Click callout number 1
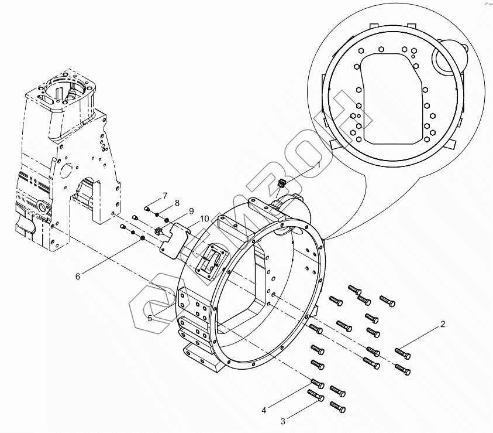[x=319, y=166]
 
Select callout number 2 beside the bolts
[x=443, y=324]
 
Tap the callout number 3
[x=283, y=421]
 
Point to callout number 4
[x=264, y=410]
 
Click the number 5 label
[x=150, y=318]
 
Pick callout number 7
[x=165, y=195]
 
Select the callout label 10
[x=204, y=219]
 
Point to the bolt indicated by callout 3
[x=316, y=397]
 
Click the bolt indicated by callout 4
[x=316, y=386]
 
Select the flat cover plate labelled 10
[x=174, y=241]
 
